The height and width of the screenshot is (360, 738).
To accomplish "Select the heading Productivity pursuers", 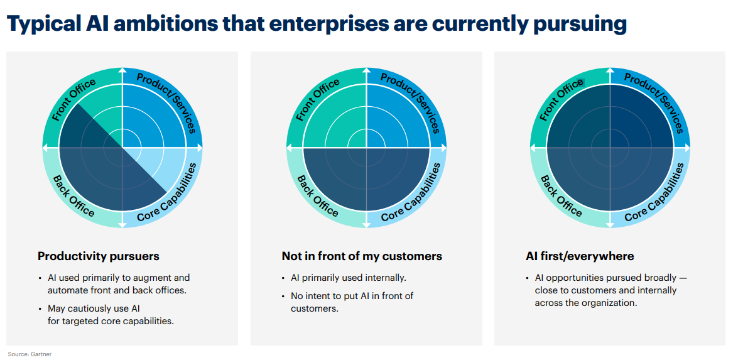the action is [x=99, y=256].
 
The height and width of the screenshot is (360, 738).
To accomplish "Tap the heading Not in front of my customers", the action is [x=362, y=256].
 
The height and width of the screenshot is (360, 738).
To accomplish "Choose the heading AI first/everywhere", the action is [x=580, y=256].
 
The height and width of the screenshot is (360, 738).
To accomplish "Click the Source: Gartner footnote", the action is [x=30, y=354].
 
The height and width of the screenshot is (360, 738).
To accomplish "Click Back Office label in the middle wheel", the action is [x=318, y=196].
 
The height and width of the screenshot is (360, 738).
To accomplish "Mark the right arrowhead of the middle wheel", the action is [x=443, y=148].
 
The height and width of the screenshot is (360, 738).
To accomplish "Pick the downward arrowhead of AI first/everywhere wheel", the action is [x=610, y=224].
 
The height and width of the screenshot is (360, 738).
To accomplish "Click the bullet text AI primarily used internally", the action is [x=349, y=278].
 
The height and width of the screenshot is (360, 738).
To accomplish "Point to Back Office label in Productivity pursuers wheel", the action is [x=73, y=196].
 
